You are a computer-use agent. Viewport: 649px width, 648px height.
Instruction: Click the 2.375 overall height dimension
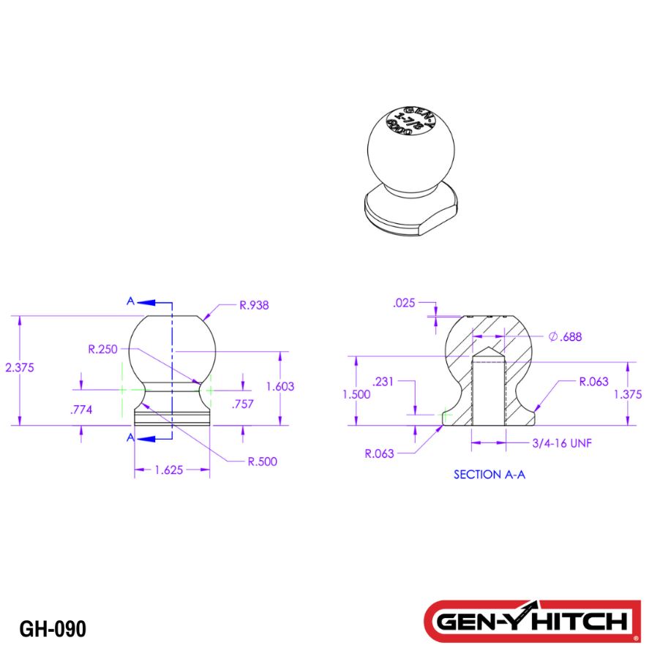(x=20, y=368)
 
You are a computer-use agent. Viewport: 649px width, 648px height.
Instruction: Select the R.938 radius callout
(x=254, y=305)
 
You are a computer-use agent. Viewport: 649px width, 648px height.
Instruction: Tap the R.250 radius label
(x=102, y=350)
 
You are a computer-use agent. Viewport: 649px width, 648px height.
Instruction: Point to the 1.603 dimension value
(x=280, y=386)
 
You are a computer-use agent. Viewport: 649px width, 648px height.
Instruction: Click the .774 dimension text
(x=80, y=410)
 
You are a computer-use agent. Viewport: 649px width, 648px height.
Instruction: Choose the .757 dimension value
(x=242, y=404)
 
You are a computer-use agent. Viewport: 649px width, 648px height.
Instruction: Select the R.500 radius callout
(x=261, y=461)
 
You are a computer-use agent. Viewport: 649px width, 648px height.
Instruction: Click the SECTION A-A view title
(x=489, y=474)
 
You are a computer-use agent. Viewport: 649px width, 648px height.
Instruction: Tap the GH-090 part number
(x=53, y=628)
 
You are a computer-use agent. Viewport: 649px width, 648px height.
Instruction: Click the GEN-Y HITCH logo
(x=528, y=621)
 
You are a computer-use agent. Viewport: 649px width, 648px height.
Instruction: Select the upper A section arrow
(x=148, y=301)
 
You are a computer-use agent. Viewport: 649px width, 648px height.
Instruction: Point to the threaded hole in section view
(x=488, y=391)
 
